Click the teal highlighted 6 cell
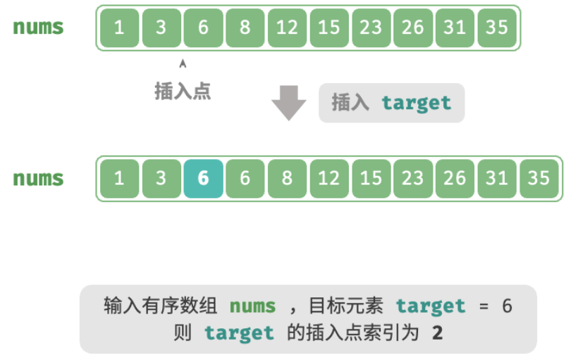point(203,178)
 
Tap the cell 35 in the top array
point(497,27)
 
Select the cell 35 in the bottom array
point(539,178)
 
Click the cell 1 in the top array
point(120,27)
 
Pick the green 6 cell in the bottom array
point(245,178)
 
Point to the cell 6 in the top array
point(203,27)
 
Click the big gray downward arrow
point(289,103)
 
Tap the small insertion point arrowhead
point(183,63)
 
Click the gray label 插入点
point(183,91)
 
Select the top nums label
point(38,27)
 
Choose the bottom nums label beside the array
point(38,179)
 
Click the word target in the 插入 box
point(417,104)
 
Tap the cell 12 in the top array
point(287,27)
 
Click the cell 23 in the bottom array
point(413,178)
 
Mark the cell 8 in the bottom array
point(287,178)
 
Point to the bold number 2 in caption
point(438,333)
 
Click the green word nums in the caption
point(252,306)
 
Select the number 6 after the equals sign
point(507,306)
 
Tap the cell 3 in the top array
point(161,27)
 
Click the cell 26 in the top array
point(413,27)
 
